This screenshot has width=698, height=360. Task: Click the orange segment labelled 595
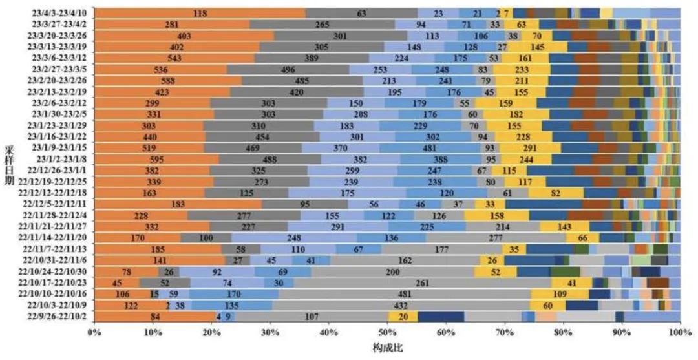pos(157,159)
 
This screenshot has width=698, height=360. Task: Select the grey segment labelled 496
pos(288,69)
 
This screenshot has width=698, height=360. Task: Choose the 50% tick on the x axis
pos(387,332)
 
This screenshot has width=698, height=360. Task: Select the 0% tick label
pos(94,332)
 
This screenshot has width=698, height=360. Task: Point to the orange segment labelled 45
pos(117,282)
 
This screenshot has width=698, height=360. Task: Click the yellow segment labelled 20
pos(403,317)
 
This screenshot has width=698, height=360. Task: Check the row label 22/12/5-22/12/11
pos(58,204)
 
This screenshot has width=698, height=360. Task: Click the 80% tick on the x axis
pos(563,332)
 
